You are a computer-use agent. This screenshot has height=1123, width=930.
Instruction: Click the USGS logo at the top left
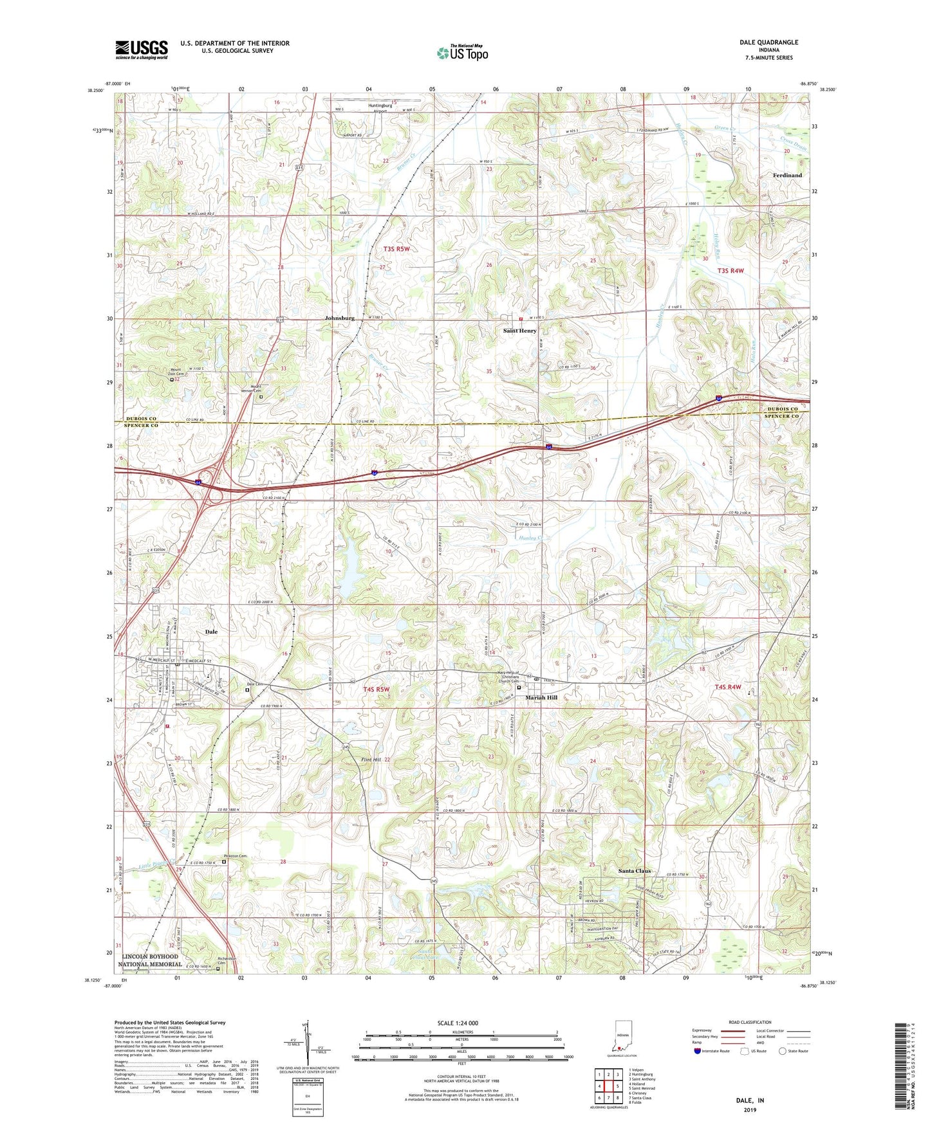142,50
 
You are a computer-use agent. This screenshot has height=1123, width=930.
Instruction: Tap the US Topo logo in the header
462,53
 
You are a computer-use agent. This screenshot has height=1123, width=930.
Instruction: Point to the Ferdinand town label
787,175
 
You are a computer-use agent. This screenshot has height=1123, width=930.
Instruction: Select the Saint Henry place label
519,331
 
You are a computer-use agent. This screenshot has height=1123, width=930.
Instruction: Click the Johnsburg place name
340,318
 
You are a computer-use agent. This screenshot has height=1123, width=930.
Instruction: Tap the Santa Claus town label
635,871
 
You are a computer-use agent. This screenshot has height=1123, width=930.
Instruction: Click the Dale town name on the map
211,632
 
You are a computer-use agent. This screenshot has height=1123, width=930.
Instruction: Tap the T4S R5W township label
377,689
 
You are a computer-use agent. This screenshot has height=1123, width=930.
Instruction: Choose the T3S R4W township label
730,271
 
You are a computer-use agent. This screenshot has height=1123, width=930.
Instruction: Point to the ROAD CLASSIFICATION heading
749,1022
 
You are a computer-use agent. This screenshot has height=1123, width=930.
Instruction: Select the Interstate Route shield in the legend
698,1051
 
